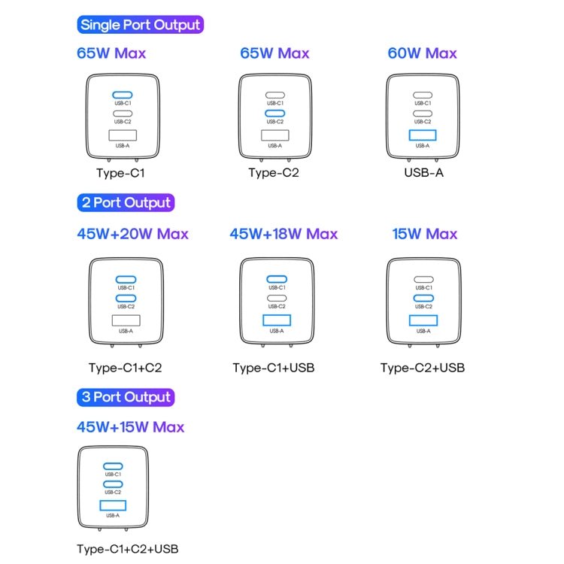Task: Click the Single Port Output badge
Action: pyautogui.click(x=141, y=25)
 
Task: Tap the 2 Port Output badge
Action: pyautogui.click(x=126, y=202)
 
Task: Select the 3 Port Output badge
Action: pyautogui.click(x=126, y=397)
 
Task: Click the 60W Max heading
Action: pyautogui.click(x=423, y=53)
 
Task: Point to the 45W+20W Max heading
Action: pyautogui.click(x=132, y=234)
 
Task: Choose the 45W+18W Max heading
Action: pyautogui.click(x=284, y=234)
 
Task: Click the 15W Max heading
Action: pyautogui.click(x=425, y=234)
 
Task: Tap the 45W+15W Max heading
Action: pyautogui.click(x=131, y=427)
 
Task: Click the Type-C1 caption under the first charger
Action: pyautogui.click(x=120, y=173)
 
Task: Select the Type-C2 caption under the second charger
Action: pyautogui.click(x=274, y=173)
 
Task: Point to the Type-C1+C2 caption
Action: pyautogui.click(x=125, y=368)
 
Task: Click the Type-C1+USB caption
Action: pyautogui.click(x=274, y=368)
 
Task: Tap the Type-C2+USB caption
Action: pyautogui.click(x=423, y=368)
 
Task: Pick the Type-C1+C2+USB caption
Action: pyautogui.click(x=128, y=549)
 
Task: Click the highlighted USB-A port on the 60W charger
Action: pyautogui.click(x=423, y=135)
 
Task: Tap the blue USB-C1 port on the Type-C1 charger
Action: pyautogui.click(x=123, y=95)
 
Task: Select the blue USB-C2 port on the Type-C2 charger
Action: pyautogui.click(x=274, y=114)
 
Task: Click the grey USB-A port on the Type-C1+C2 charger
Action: pyautogui.click(x=126, y=320)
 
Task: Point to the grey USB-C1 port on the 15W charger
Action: pyautogui.click(x=423, y=280)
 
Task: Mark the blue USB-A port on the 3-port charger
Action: pyautogui.click(x=113, y=505)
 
